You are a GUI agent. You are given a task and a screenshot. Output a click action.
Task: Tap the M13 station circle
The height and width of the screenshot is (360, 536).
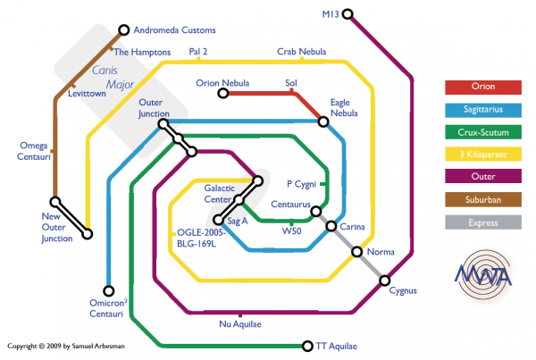tap(348, 14)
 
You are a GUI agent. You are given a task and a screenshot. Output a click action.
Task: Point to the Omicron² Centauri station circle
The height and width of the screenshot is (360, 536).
tap(109, 290)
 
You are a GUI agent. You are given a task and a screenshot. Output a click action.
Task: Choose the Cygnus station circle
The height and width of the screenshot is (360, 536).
tap(385, 280)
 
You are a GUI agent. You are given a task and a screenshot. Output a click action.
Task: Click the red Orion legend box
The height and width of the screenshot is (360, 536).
tap(482, 87)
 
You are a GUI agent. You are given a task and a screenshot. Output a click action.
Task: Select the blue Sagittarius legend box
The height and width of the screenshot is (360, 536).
tap(482, 110)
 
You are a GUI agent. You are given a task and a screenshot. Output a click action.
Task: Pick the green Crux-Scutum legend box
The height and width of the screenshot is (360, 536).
tap(482, 132)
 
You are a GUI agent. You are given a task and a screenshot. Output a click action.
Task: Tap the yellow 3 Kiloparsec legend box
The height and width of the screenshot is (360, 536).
tap(482, 155)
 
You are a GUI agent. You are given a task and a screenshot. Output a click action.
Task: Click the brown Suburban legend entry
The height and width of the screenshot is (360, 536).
tap(482, 200)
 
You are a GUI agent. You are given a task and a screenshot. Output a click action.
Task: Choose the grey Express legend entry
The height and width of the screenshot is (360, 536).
tap(482, 222)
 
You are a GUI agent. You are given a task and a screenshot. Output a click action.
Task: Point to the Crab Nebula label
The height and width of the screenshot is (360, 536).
tap(301, 52)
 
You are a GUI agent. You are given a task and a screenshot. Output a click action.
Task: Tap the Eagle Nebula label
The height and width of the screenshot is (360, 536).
tap(344, 107)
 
